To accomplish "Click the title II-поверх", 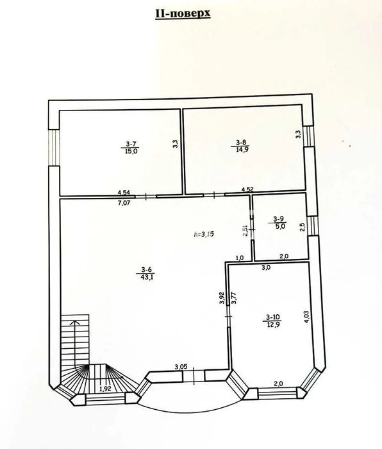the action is (183, 13).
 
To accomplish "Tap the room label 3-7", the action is (131, 144).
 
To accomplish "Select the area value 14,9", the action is (240, 149).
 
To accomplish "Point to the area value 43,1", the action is (146, 277).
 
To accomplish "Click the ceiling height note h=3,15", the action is (204, 234).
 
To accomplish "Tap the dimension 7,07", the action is (124, 203).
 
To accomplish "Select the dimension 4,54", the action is (124, 193).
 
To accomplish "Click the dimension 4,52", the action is (247, 189).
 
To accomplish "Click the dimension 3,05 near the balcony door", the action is (181, 366).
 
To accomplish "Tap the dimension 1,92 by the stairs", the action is (105, 389).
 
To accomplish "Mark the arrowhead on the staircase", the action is (75, 322).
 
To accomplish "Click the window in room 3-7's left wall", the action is (54, 147).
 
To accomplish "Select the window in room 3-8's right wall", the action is (308, 136).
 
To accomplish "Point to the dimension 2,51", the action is (245, 231).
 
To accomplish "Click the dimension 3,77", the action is (234, 298).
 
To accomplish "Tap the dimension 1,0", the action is (240, 258).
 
